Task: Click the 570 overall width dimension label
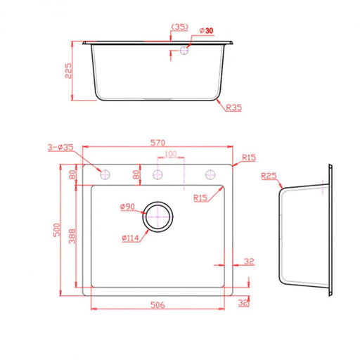157,143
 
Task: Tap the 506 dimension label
157,304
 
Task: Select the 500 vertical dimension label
57,230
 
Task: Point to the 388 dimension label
72,236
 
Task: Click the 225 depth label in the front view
68,70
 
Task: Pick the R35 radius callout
233,108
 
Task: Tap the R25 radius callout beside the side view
269,176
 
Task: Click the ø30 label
207,30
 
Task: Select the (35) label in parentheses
180,27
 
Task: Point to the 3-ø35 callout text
60,147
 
